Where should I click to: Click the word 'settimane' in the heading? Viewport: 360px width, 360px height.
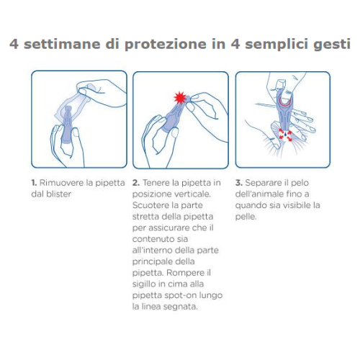62,44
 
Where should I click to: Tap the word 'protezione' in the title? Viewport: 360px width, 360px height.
166,45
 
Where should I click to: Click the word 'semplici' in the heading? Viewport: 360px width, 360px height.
276,45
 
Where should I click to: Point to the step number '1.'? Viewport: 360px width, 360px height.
34,183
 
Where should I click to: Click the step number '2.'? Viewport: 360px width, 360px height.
136,183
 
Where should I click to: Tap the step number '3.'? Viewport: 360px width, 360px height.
239,183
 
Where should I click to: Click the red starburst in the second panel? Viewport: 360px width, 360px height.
180,97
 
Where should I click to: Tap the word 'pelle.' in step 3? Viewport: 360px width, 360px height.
246,217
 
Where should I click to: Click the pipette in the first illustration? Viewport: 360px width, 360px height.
67,125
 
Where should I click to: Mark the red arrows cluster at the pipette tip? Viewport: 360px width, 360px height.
285,135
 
